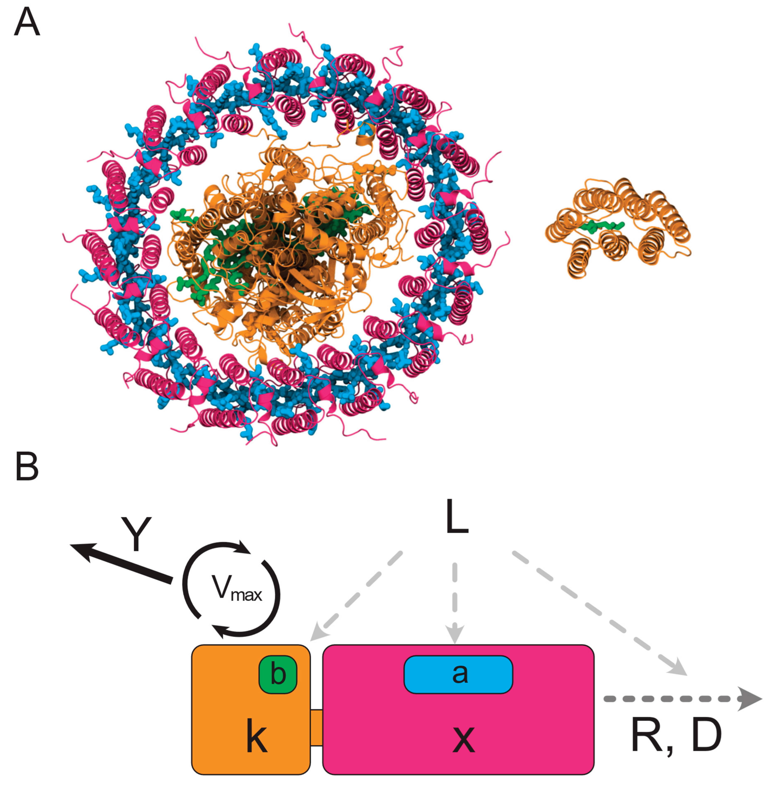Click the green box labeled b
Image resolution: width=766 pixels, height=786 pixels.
click(x=278, y=675)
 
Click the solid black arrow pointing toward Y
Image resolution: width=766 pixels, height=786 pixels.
click(x=121, y=562)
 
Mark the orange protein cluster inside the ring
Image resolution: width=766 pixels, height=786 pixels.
click(x=282, y=249)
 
